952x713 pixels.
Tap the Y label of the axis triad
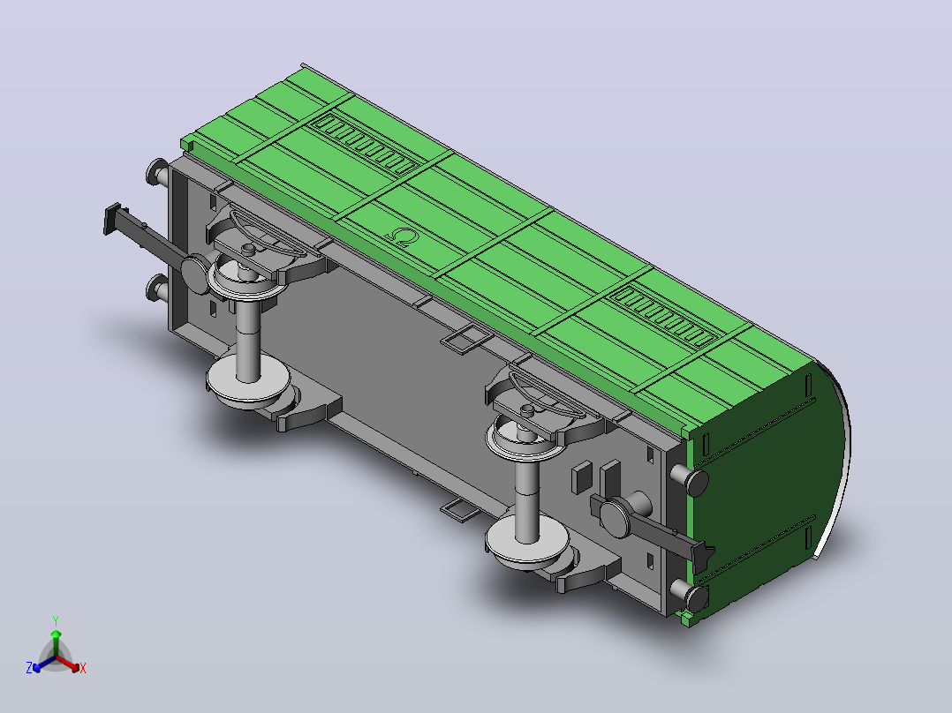(x=56, y=620)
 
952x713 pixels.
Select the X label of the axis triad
(x=83, y=668)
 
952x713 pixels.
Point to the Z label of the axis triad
(x=29, y=668)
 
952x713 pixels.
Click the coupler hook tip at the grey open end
(x=113, y=219)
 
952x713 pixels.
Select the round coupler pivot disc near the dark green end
(x=615, y=518)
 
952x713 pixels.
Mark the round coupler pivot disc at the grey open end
(x=195, y=276)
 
